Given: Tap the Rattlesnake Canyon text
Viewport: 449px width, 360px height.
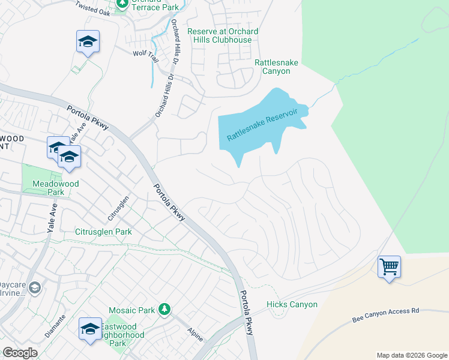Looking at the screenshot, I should click(272, 67).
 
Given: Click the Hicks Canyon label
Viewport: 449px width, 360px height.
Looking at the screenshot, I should click(292, 305).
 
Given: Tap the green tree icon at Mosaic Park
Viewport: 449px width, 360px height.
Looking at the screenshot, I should click(164, 310).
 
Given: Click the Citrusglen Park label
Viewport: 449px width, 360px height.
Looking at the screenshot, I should click(103, 232).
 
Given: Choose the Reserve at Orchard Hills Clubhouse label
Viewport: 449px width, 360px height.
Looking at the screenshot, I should click(223, 35).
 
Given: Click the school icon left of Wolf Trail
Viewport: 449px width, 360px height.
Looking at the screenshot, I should click(88, 41).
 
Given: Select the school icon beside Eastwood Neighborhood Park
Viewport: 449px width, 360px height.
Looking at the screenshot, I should click(90, 328).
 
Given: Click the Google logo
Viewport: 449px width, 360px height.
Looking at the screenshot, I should click(20, 353).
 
